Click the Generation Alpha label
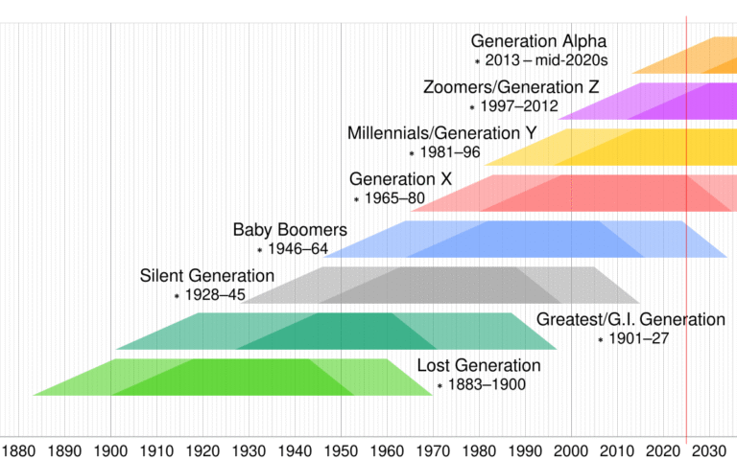click(x=538, y=41)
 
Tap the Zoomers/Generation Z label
click(x=511, y=87)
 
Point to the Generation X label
click(x=400, y=179)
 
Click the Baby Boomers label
click(x=290, y=230)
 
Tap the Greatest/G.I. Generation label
click(x=630, y=319)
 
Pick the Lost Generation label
click(x=479, y=365)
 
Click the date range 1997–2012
click(x=521, y=106)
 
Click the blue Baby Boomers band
click(x=537, y=239)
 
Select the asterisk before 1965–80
click(x=356, y=199)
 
